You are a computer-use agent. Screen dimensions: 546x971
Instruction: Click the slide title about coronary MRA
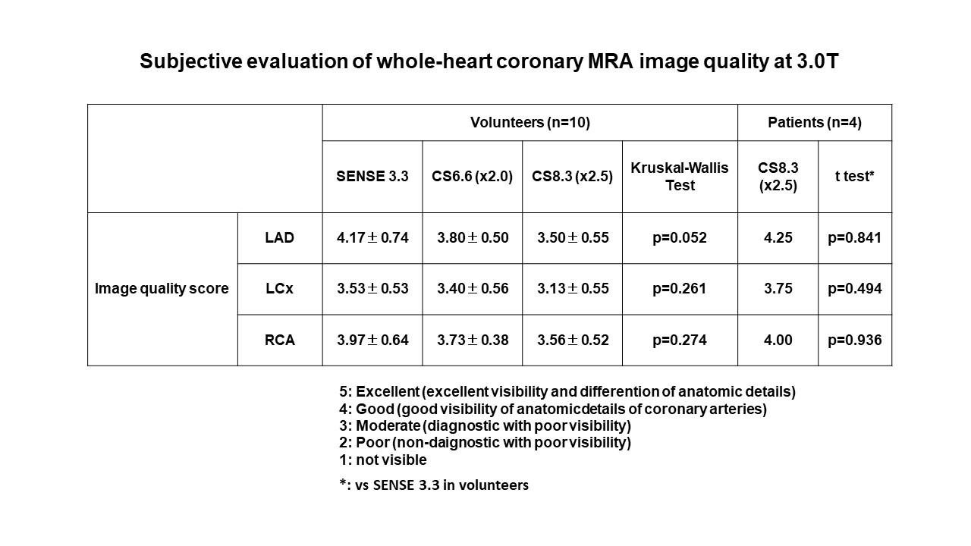coord(489,62)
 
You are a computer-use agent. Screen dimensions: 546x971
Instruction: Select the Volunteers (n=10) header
coord(529,122)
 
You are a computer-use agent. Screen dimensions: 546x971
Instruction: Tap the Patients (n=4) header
coord(815,122)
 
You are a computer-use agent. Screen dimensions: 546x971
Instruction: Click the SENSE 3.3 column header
coord(372,177)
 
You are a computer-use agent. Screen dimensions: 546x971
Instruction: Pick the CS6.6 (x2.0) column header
coord(472,177)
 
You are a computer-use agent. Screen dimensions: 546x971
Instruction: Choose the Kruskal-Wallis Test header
coord(680,177)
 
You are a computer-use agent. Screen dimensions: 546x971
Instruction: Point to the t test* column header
coord(855,177)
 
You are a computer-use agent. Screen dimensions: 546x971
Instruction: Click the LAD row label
coord(279,238)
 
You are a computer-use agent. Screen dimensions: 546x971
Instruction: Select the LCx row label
coord(279,289)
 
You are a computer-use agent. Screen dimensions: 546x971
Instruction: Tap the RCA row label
coord(279,340)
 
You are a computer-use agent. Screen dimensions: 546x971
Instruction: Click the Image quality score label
coord(162,289)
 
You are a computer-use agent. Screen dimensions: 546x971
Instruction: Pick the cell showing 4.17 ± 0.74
coord(372,238)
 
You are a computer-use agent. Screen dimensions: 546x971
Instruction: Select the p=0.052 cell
coord(680,238)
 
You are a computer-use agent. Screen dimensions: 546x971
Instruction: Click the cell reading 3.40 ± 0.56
coord(472,289)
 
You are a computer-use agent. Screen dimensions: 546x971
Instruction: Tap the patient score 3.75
coord(778,289)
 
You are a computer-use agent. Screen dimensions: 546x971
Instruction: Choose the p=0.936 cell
coord(855,340)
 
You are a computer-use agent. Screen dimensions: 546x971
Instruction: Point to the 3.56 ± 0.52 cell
coord(572,340)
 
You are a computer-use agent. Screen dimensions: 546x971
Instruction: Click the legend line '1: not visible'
coord(383,460)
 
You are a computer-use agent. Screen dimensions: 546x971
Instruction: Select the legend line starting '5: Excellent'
coord(567,392)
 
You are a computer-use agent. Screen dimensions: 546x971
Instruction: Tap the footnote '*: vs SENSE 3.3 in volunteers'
coord(434,485)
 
